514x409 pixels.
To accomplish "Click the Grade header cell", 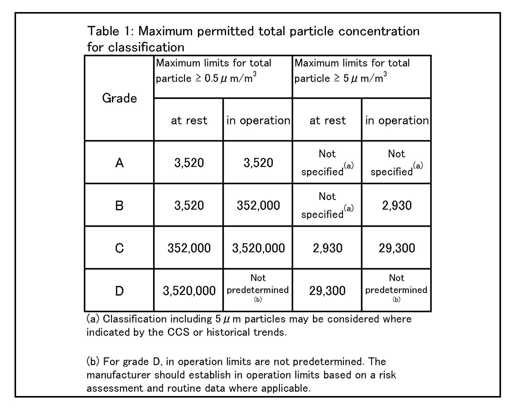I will click(119, 98).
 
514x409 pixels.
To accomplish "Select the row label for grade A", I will click(119, 162).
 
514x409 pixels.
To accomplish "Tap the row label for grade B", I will click(119, 205).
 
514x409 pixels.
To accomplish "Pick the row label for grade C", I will click(119, 248).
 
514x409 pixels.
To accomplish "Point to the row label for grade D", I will click(119, 291).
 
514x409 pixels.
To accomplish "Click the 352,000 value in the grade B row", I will click(258, 205).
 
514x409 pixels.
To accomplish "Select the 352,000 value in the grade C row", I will click(189, 248).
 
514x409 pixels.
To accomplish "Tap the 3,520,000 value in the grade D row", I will click(189, 291).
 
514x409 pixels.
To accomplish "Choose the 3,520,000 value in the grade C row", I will click(258, 248).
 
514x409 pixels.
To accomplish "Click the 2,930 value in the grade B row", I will click(396, 205).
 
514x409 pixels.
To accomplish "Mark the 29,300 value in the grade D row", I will click(327, 291).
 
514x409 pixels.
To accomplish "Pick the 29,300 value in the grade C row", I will click(396, 248).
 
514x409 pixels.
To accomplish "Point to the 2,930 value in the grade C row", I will click(327, 248).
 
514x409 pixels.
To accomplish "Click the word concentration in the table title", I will click(379, 31).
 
